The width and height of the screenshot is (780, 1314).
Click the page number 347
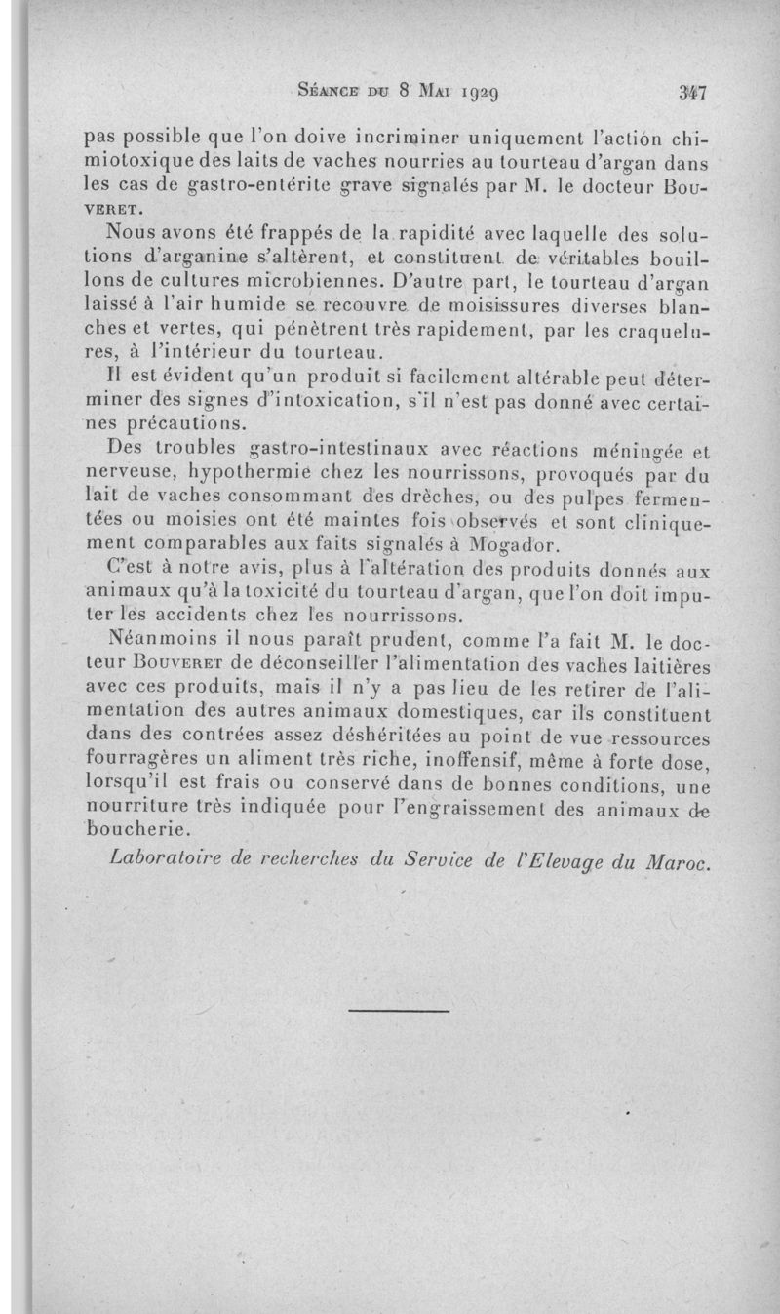[693, 93]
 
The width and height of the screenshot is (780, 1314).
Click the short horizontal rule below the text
[399, 1010]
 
